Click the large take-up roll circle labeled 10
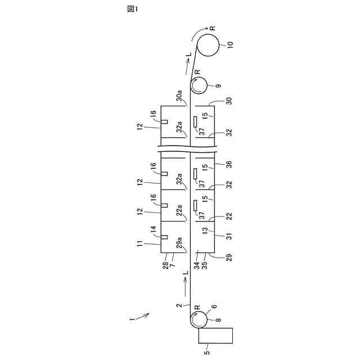click(208, 44)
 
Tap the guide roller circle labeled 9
click(198, 85)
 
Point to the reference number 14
click(152, 229)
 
